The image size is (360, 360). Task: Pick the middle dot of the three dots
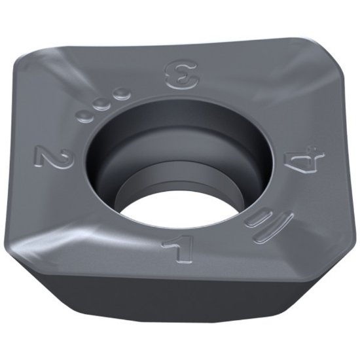pos(101,105)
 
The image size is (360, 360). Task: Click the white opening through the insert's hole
pos(173,209)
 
